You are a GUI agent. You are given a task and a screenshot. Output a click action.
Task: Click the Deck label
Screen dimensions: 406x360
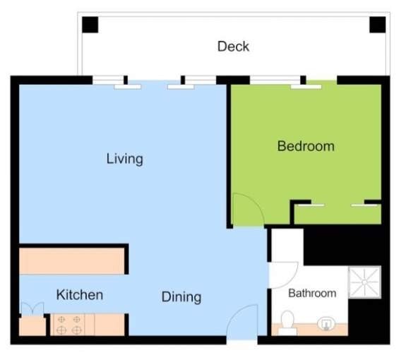(233, 47)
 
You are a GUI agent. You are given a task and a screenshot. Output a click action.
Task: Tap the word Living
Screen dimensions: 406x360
(124, 159)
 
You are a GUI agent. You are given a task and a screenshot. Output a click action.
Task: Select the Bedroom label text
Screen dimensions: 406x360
(306, 146)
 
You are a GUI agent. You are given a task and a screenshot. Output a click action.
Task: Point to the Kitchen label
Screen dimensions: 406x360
(80, 295)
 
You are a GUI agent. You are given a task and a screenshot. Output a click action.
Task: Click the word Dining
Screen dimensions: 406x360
(181, 297)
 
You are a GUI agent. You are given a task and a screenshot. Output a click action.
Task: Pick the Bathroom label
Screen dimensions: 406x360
(312, 293)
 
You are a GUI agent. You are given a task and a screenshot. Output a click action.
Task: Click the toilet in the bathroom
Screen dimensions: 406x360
(287, 323)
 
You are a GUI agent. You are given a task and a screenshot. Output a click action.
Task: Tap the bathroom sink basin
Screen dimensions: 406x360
(326, 324)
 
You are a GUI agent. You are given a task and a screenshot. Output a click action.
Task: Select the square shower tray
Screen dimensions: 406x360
(364, 282)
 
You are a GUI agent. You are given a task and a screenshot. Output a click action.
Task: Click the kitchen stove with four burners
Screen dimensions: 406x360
(69, 325)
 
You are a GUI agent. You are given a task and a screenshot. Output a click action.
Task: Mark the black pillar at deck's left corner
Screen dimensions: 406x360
(90, 25)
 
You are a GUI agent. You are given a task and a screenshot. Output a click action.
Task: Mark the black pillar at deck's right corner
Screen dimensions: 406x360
(378, 25)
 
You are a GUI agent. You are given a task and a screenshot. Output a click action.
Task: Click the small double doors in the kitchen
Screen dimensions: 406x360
(32, 308)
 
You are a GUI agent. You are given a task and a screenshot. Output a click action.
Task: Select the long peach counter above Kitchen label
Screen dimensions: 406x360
(72, 261)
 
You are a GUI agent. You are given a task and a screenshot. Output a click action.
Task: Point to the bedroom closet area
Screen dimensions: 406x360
(338, 214)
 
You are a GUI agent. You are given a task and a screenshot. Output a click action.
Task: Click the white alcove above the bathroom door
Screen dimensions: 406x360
(287, 246)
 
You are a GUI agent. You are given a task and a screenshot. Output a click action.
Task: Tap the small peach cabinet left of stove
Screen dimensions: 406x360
(32, 327)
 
